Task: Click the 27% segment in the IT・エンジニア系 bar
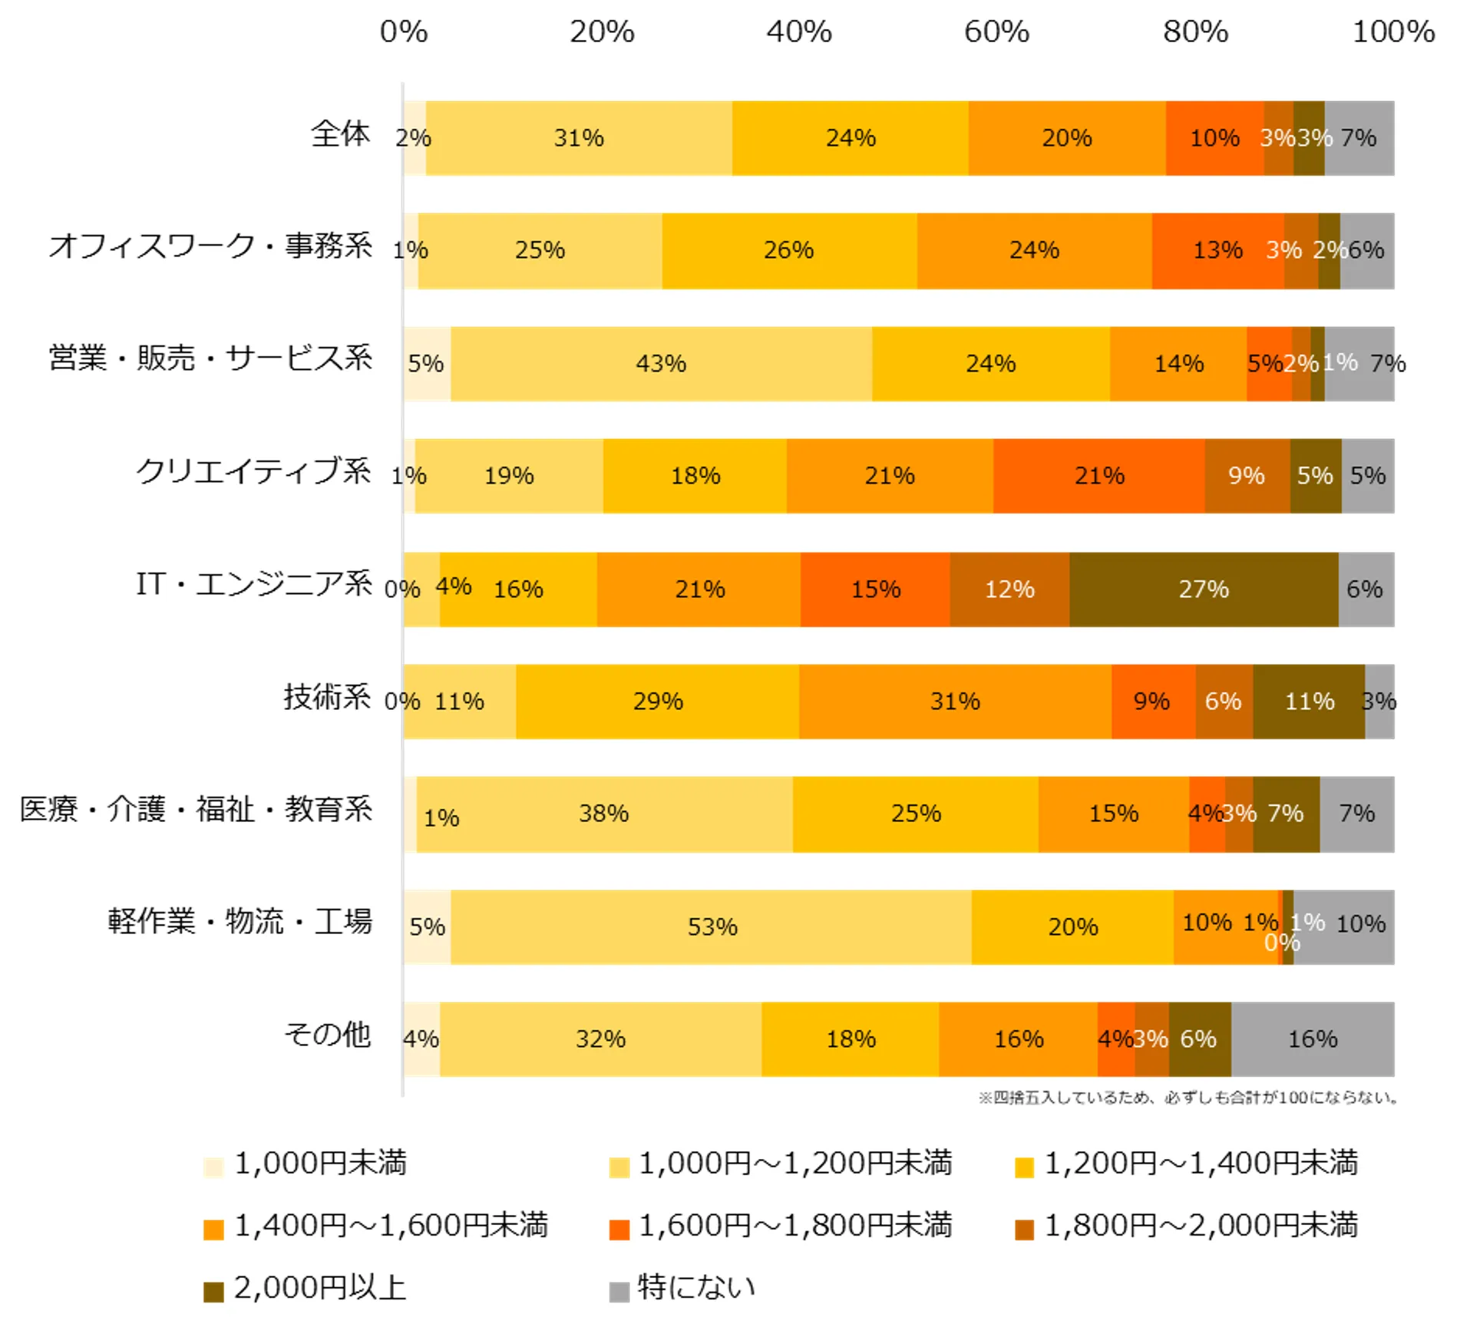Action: tap(1203, 589)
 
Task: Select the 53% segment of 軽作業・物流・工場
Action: tap(711, 927)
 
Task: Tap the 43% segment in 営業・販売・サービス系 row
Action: tap(661, 364)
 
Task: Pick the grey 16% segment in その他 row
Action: tap(1312, 1039)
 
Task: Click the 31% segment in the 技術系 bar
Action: tap(954, 702)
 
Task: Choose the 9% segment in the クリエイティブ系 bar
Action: tap(1247, 476)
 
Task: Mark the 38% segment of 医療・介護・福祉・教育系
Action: tap(604, 814)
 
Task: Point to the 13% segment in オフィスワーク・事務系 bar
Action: tap(1217, 251)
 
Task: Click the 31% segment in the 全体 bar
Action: tap(579, 138)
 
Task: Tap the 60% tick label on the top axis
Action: tap(996, 32)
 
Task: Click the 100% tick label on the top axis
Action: tap(1393, 32)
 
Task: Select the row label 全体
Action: tap(341, 134)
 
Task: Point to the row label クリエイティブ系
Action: tap(253, 471)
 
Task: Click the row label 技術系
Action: tap(327, 697)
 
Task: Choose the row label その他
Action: tap(328, 1035)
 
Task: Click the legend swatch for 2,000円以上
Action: tap(213, 1291)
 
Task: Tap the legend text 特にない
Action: tap(696, 1287)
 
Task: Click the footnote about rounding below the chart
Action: tap(1187, 1098)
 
